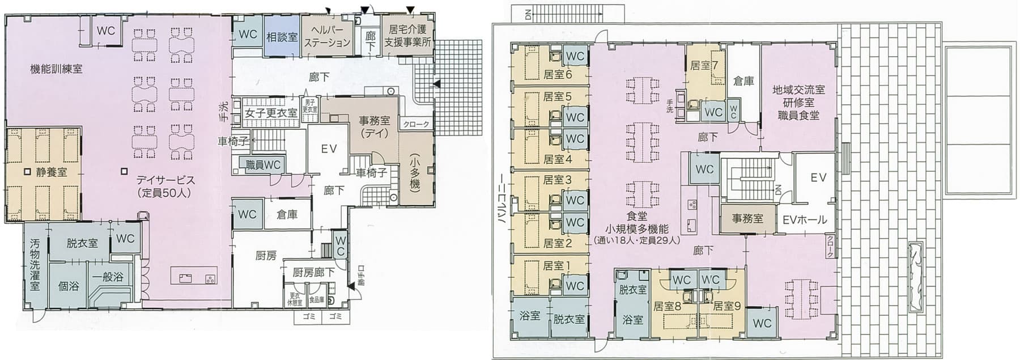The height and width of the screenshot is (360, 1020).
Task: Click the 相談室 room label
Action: coord(282,37)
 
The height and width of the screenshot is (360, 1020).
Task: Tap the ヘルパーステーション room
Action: coord(328,37)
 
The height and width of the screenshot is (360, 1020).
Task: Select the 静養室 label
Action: coord(51,172)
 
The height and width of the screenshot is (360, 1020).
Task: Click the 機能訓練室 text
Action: coord(56,69)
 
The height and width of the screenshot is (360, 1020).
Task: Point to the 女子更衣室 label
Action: coord(271,113)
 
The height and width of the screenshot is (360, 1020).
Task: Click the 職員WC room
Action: coord(263,165)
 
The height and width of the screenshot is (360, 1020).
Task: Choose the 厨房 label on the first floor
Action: coord(266,256)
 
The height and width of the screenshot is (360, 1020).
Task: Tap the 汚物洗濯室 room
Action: coord(35,265)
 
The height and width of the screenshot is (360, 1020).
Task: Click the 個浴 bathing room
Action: coord(69,286)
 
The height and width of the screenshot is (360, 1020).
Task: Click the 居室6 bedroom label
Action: coord(558,74)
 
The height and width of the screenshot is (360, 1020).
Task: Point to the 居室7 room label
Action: coord(704,66)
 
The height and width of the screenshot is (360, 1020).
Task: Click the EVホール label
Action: coord(805,220)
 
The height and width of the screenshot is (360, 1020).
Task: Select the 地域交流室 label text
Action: coord(798,90)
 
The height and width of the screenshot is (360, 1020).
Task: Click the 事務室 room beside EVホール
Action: coord(747,219)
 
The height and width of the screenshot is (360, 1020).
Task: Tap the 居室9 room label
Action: coord(727,306)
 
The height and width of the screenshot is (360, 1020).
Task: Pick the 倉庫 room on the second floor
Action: coord(743,81)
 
